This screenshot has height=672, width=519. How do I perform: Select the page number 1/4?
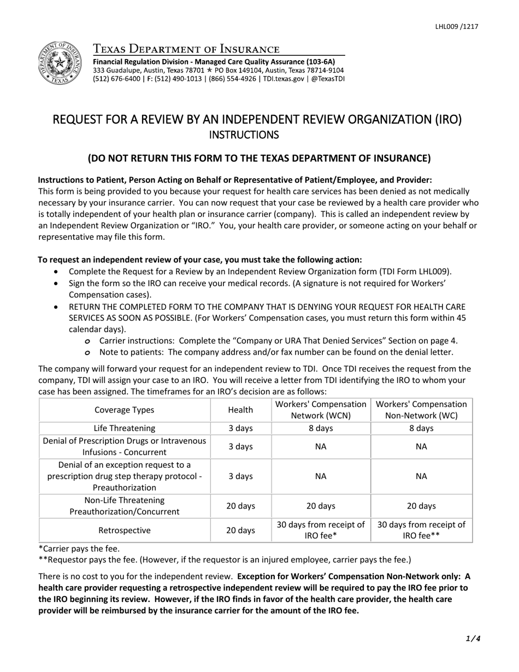474,638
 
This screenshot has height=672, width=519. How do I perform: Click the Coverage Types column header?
125,410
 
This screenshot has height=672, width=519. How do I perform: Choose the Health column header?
240,410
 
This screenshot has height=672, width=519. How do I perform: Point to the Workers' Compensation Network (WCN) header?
321,410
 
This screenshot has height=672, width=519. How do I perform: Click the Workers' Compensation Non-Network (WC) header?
421,410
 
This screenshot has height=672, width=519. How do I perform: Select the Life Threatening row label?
125,428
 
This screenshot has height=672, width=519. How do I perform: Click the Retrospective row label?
125,530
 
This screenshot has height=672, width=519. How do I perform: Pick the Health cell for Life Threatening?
240,428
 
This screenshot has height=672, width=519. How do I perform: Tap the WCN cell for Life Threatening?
321,428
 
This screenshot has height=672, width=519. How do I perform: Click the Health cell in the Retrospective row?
240,530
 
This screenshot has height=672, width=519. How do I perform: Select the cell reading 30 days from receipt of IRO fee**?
421,530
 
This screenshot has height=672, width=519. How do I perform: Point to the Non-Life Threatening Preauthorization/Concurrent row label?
125,506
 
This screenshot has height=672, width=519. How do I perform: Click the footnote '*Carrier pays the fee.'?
79,549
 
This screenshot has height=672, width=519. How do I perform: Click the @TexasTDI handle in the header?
327,78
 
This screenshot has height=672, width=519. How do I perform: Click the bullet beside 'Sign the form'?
58,284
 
